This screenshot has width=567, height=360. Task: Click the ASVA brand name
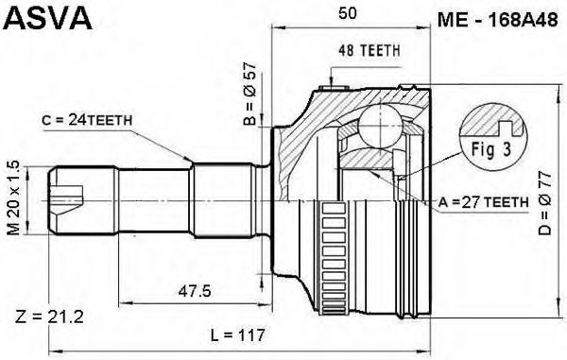click(x=47, y=18)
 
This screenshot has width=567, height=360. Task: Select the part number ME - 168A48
click(x=498, y=20)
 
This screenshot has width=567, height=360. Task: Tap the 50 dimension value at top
click(x=347, y=13)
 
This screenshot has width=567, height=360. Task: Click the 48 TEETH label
click(x=369, y=51)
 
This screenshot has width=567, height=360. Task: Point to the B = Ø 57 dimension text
click(x=249, y=94)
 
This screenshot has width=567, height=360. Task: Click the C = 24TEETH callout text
click(x=87, y=120)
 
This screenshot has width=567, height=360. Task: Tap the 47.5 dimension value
click(x=195, y=291)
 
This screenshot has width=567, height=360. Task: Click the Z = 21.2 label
click(x=49, y=317)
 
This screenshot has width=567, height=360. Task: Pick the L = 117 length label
click(x=238, y=335)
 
